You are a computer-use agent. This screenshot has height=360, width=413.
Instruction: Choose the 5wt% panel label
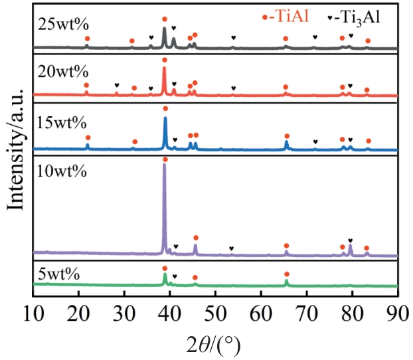[x=59, y=274]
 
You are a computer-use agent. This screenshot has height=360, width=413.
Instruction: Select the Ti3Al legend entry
[x=349, y=18]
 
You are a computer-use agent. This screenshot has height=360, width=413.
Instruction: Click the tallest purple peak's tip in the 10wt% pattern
[x=165, y=165]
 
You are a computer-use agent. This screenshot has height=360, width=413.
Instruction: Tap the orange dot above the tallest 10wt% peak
[x=165, y=159]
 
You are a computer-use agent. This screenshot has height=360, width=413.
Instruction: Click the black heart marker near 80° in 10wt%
[x=351, y=240]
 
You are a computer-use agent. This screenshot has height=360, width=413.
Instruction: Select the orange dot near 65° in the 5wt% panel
[x=286, y=274]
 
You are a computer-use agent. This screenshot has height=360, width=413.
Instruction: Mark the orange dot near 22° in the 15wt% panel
[x=88, y=137]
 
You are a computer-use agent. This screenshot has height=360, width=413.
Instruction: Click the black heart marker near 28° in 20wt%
[x=117, y=85]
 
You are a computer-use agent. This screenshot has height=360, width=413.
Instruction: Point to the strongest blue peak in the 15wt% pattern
[x=165, y=118]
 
